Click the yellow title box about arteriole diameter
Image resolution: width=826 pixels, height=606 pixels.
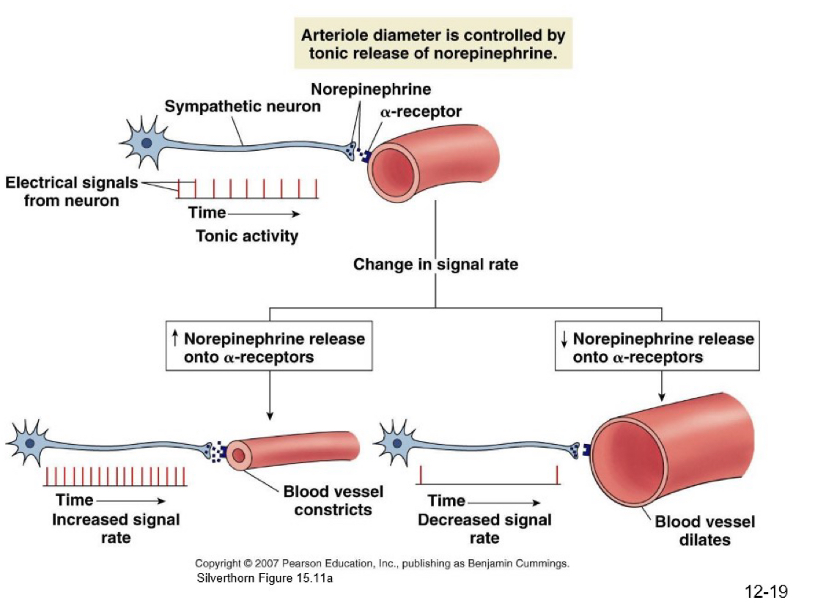(x=433, y=44)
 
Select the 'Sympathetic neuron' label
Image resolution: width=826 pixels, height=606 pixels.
(x=243, y=106)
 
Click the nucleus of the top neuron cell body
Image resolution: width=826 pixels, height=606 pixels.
(x=147, y=142)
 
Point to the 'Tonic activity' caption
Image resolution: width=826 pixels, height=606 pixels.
(x=247, y=236)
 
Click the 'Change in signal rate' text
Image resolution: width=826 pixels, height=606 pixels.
(x=435, y=264)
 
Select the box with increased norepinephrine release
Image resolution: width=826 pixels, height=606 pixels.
(x=270, y=347)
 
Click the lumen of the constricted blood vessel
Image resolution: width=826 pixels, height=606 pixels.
(x=239, y=456)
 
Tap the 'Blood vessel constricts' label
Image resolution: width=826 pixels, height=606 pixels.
(x=333, y=500)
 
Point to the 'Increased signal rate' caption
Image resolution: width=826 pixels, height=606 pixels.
(x=116, y=528)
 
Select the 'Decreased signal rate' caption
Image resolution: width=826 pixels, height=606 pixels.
(x=484, y=528)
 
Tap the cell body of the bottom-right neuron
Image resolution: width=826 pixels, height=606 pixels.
(x=396, y=443)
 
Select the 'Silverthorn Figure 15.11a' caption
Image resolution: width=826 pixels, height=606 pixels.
(x=265, y=578)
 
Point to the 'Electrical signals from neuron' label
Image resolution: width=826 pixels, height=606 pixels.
(x=71, y=191)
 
